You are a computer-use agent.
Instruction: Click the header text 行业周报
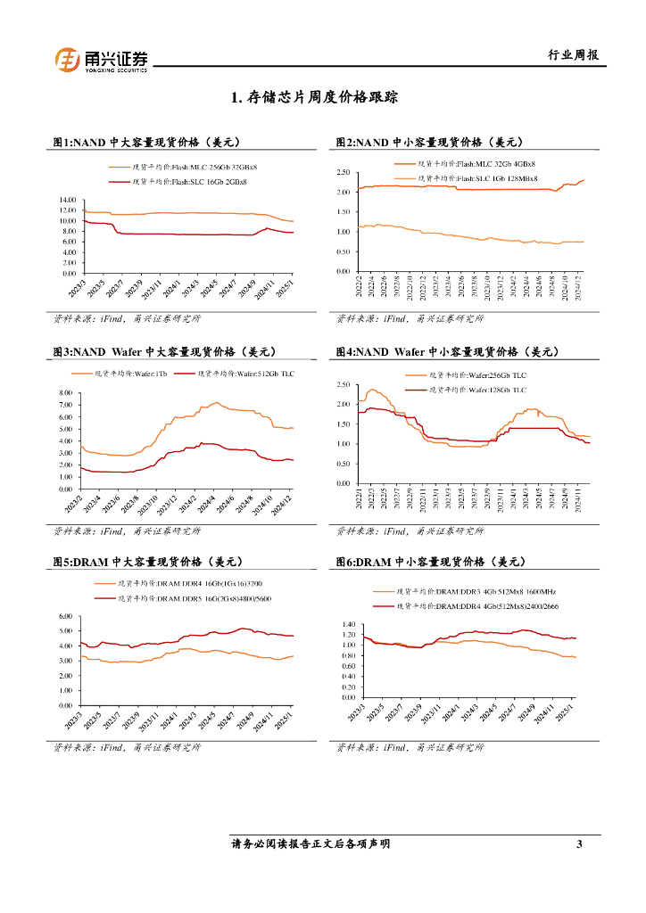[572, 55]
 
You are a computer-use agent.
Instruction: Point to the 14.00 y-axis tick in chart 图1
[67, 200]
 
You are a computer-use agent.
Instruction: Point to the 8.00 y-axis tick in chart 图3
[65, 393]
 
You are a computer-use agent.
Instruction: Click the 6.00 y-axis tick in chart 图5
[64, 616]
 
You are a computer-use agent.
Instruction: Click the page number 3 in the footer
[579, 844]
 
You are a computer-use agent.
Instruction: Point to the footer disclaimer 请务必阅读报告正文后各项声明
[311, 844]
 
